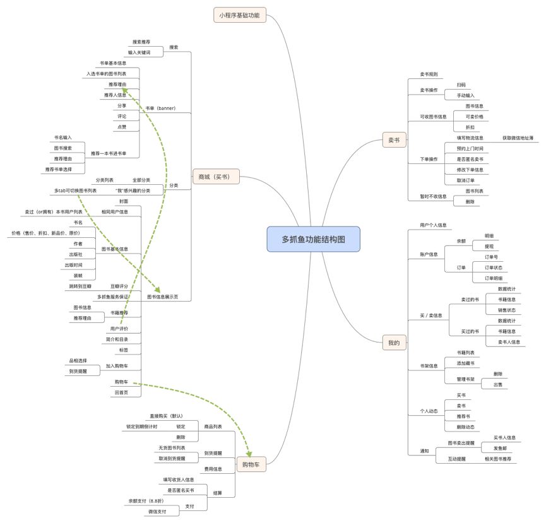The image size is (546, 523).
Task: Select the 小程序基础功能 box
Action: pyautogui.click(x=239, y=15)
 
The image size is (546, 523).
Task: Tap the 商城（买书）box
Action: pyautogui.click(x=216, y=178)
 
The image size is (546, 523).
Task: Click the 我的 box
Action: pyautogui.click(x=394, y=343)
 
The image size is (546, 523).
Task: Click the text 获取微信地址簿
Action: pyautogui.click(x=518, y=138)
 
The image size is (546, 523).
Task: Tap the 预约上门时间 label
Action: pyautogui.click(x=470, y=148)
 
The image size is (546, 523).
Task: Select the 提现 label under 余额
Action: pyautogui.click(x=489, y=246)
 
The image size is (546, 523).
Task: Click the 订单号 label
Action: pyautogui.click(x=491, y=257)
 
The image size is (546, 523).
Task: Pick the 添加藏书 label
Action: pyautogui.click(x=466, y=363)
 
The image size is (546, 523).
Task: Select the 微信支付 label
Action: pyautogui.click(x=157, y=512)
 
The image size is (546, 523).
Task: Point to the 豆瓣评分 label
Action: pyautogui.click(x=119, y=286)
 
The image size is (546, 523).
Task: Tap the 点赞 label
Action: pyautogui.click(x=121, y=127)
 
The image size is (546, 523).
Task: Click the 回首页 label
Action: pyautogui.click(x=121, y=392)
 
